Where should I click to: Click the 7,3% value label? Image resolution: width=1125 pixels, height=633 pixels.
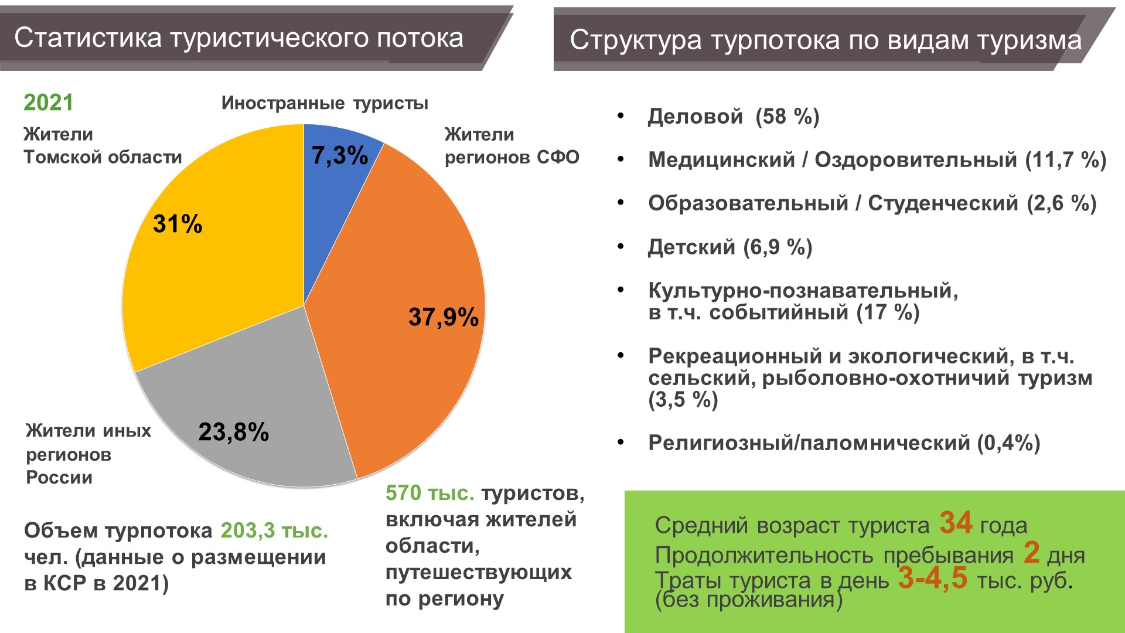(340, 156)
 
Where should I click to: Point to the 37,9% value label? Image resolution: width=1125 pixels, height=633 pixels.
(444, 317)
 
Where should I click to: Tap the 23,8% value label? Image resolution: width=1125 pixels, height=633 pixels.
(233, 432)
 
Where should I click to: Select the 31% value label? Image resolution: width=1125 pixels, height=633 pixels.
(178, 224)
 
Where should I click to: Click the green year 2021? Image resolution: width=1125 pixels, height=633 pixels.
(48, 103)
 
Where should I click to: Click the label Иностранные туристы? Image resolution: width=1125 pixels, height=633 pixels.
(325, 103)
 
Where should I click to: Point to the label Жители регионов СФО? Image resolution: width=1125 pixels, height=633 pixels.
(511, 146)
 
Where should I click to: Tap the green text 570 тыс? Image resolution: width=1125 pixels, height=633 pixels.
(429, 493)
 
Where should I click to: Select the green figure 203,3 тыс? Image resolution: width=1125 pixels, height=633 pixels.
(274, 530)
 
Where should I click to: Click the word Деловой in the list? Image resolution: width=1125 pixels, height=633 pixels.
(696, 117)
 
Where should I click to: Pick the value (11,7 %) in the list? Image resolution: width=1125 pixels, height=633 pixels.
(1065, 160)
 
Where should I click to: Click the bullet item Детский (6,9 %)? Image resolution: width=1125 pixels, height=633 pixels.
(729, 247)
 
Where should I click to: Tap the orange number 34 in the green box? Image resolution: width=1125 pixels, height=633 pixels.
(956, 522)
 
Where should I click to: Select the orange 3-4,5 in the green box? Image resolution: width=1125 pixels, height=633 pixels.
(933, 578)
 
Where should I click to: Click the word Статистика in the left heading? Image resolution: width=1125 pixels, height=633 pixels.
(88, 38)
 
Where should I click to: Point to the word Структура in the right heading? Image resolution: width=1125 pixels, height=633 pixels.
(636, 40)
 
